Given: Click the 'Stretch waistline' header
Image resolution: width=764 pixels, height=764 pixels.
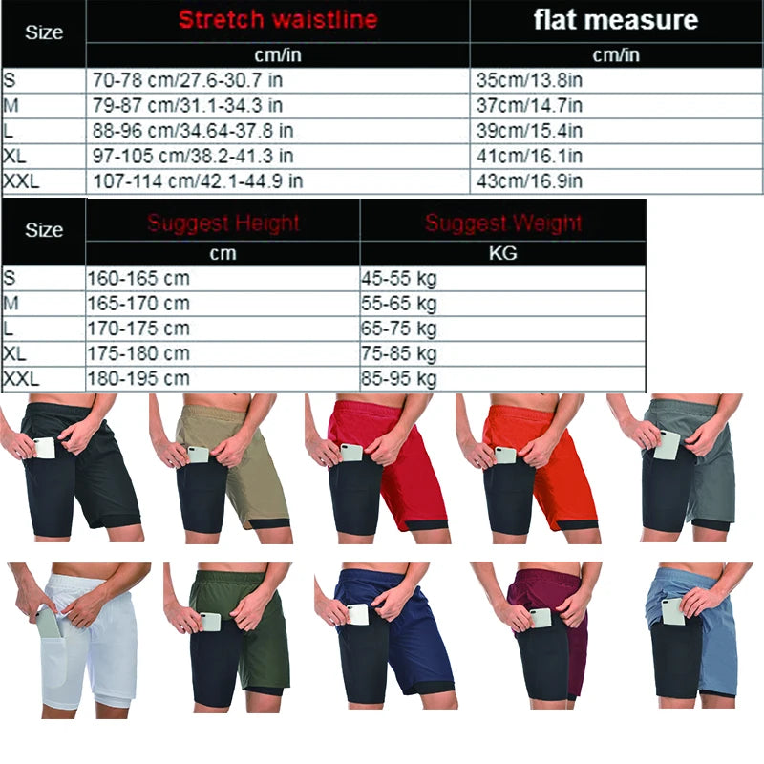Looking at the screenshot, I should [277, 19].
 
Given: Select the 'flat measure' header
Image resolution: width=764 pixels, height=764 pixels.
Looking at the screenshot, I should [616, 19].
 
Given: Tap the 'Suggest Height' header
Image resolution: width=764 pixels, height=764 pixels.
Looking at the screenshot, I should [223, 223].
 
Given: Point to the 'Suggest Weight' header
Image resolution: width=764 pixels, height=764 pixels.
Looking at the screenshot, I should [503, 223].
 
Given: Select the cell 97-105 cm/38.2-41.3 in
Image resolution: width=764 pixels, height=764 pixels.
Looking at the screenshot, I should [193, 156].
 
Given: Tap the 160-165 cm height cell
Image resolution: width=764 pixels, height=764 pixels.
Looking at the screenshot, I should [138, 279].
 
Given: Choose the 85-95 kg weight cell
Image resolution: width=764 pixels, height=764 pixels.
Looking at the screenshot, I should [399, 379].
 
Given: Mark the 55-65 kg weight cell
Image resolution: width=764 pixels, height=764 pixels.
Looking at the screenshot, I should [399, 304].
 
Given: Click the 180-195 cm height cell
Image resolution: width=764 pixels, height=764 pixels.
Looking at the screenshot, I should [138, 379].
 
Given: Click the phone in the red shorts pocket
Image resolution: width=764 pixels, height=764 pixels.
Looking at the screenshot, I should [351, 452].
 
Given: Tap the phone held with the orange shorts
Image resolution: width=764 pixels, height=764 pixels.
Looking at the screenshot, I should [505, 456].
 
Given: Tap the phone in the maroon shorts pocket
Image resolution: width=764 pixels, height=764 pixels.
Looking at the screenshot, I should [540, 618].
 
